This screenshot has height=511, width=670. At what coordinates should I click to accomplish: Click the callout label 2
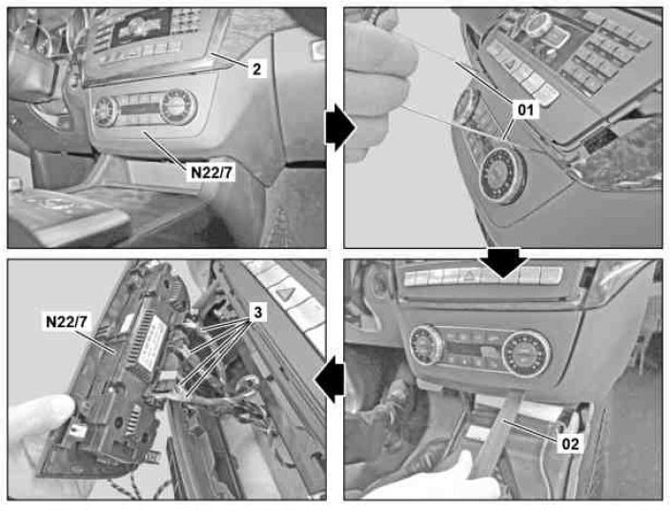(256, 69)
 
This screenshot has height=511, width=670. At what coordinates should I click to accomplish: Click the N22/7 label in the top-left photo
(211, 173)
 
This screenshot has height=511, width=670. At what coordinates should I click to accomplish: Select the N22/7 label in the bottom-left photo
(70, 321)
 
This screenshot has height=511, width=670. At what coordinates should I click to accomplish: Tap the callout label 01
(525, 111)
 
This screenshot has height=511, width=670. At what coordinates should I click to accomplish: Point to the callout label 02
(570, 444)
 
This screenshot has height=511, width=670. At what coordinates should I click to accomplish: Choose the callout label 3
(257, 313)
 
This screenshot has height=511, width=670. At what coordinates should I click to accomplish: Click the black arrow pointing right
(340, 128)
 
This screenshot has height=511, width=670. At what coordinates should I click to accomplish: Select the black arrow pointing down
(503, 262)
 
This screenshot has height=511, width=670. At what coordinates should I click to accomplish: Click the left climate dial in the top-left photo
(105, 112)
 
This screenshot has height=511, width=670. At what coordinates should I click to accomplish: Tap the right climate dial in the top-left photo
(178, 107)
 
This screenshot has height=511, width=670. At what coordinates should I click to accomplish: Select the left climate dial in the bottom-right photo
(426, 344)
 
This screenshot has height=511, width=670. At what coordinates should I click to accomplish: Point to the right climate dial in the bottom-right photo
(526, 353)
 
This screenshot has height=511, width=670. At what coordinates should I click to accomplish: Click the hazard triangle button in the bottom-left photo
(283, 294)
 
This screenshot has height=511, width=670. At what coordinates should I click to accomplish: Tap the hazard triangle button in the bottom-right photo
(470, 276)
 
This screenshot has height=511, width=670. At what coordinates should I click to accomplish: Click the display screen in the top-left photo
(141, 27)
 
